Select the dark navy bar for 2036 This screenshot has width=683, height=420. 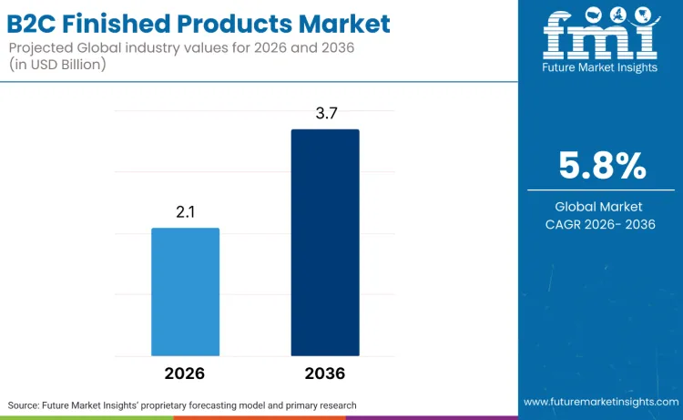(325, 242)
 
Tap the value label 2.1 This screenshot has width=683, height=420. (186, 211)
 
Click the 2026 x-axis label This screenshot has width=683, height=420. (185, 374)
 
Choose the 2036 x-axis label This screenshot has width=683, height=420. (325, 374)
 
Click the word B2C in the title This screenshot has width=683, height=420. (42, 23)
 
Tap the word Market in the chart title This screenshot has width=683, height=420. (341, 23)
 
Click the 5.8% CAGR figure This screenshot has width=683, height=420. (600, 167)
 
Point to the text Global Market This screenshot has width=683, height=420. (600, 207)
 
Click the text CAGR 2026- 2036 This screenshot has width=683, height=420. (600, 225)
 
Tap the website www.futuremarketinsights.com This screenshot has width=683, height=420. (600, 402)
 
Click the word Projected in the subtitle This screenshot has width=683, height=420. (45, 46)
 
